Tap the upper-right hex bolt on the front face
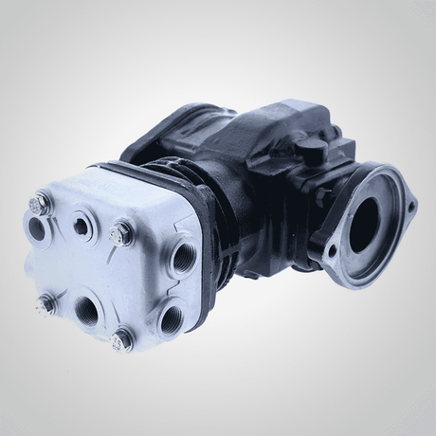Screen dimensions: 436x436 coord(121,231)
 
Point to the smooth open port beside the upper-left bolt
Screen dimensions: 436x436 coord(38,227)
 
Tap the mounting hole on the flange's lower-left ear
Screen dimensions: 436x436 coord(331,253)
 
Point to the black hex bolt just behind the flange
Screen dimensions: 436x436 coord(320,196)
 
